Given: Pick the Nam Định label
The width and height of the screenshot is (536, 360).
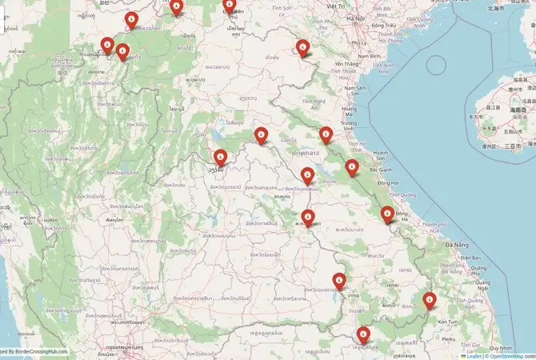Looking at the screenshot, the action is tap(370, 56).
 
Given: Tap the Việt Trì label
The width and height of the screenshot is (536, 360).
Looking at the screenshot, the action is tap(335, 6).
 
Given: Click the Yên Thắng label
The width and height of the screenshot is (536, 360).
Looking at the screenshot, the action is tap(346, 64).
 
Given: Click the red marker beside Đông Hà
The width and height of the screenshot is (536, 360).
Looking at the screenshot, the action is tap(387, 214).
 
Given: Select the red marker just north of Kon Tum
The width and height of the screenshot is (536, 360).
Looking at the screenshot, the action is tap(430, 302).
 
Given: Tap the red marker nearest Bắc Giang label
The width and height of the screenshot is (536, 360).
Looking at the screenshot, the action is tap(352, 168).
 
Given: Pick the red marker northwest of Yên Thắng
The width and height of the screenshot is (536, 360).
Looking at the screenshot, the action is tap(303, 48).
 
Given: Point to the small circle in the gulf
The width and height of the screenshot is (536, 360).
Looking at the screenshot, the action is tap(436, 61).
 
